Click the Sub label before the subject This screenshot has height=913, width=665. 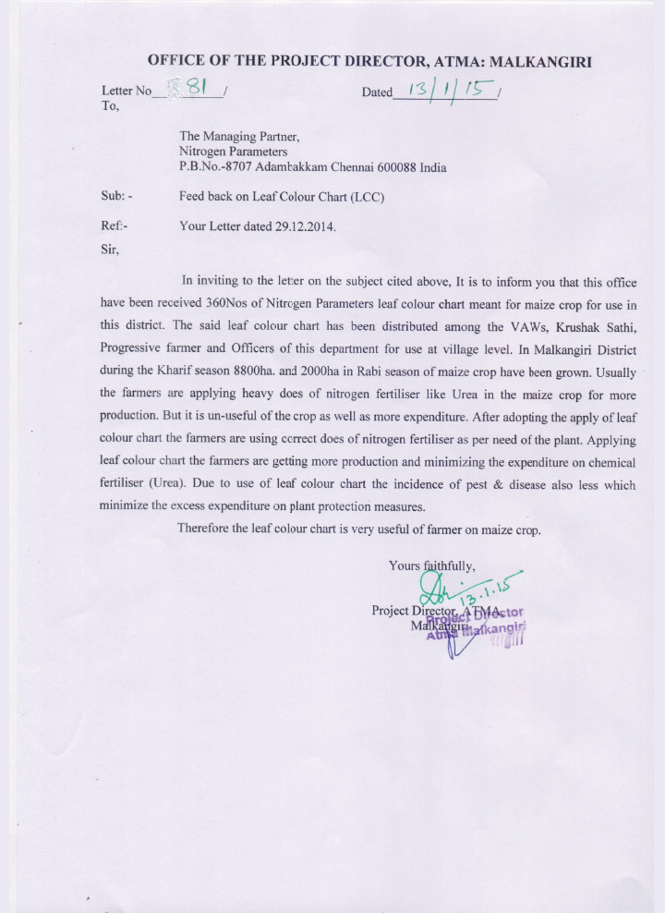tap(115, 197)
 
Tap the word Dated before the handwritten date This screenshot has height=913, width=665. tap(377, 92)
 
